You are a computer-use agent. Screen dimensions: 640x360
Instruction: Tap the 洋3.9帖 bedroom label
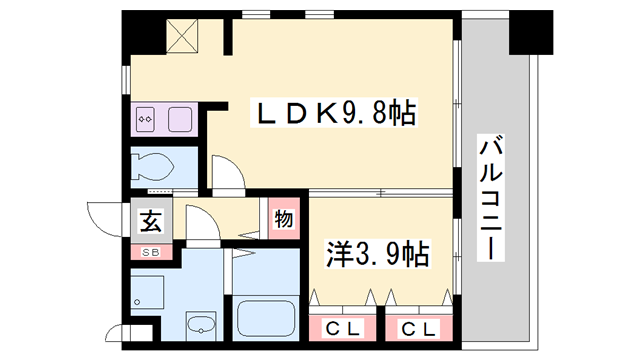(x=377, y=255)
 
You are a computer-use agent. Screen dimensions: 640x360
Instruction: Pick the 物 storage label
(x=282, y=219)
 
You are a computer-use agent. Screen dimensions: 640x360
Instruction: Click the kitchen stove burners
(x=145, y=120)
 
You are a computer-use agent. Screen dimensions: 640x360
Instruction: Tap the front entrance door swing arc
(x=104, y=216)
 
